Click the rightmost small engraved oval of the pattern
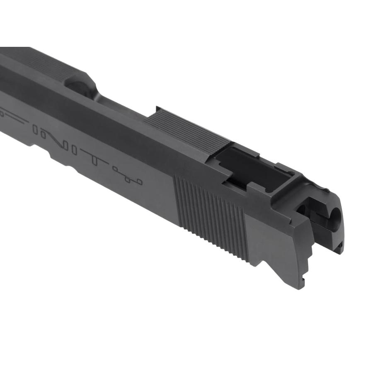[140, 181]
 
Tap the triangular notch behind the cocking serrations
[259, 262]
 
